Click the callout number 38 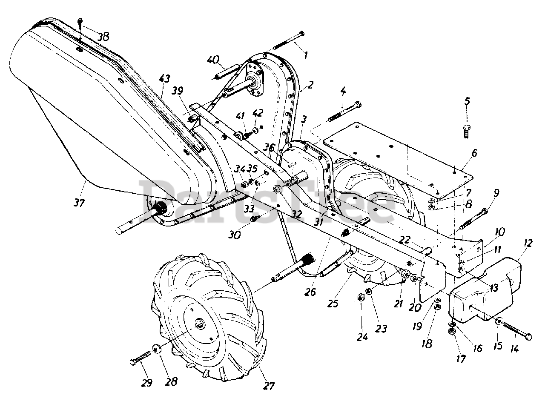103,37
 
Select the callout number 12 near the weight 527,243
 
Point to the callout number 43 164,79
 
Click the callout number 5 467,101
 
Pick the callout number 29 147,383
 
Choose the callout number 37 79,203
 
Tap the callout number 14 514,349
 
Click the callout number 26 310,292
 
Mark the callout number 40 213,60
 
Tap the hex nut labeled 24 360,298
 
